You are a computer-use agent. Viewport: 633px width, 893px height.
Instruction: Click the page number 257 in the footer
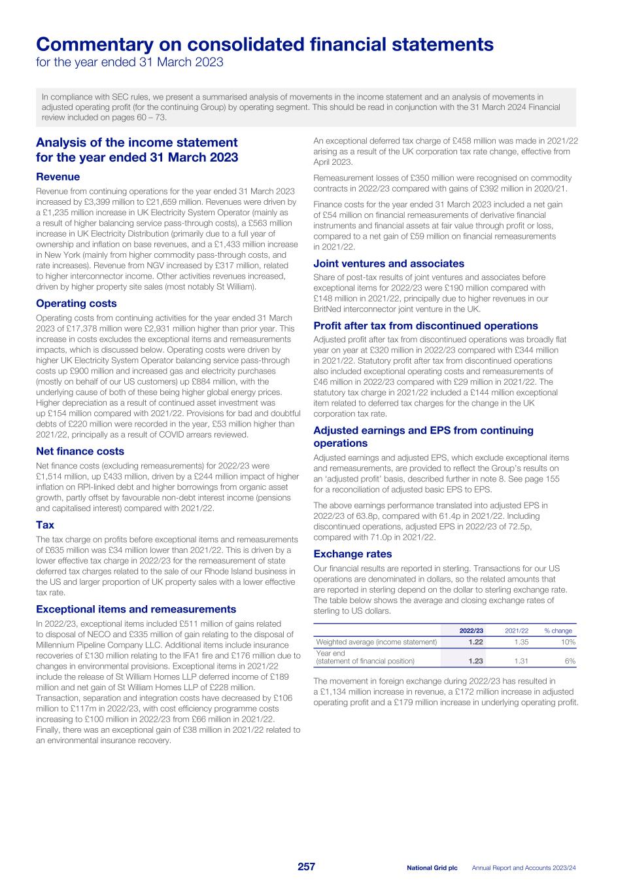pos(306,867)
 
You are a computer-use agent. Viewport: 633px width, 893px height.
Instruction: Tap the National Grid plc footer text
pos(432,867)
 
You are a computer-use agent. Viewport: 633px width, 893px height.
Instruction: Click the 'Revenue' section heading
pos(58,177)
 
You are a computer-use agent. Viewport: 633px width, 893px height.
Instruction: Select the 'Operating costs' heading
pos(76,304)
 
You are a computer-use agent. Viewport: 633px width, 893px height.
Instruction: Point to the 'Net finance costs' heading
pos(80,451)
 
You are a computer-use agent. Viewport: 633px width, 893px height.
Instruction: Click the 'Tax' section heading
pos(45,525)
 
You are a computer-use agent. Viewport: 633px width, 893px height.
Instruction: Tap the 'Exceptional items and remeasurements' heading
pos(136,610)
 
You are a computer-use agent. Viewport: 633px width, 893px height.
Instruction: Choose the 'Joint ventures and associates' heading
pos(388,264)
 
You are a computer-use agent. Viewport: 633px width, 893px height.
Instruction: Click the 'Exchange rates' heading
pos(352,554)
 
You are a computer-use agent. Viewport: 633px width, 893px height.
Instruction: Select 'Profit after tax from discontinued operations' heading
pos(426,326)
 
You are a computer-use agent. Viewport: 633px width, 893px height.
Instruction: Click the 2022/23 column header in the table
pos(471,631)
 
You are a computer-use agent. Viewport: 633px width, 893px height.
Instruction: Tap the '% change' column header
pos(558,631)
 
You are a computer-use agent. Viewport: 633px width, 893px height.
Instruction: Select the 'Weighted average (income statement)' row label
pos(376,642)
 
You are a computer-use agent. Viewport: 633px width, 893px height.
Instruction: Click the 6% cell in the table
pos(570,661)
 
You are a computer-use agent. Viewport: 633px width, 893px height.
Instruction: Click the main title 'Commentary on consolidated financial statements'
pos(264,44)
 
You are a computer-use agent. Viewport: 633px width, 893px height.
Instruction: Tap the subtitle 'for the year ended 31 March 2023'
pos(129,63)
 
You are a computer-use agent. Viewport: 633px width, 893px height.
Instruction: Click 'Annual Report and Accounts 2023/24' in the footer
pos(527,867)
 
